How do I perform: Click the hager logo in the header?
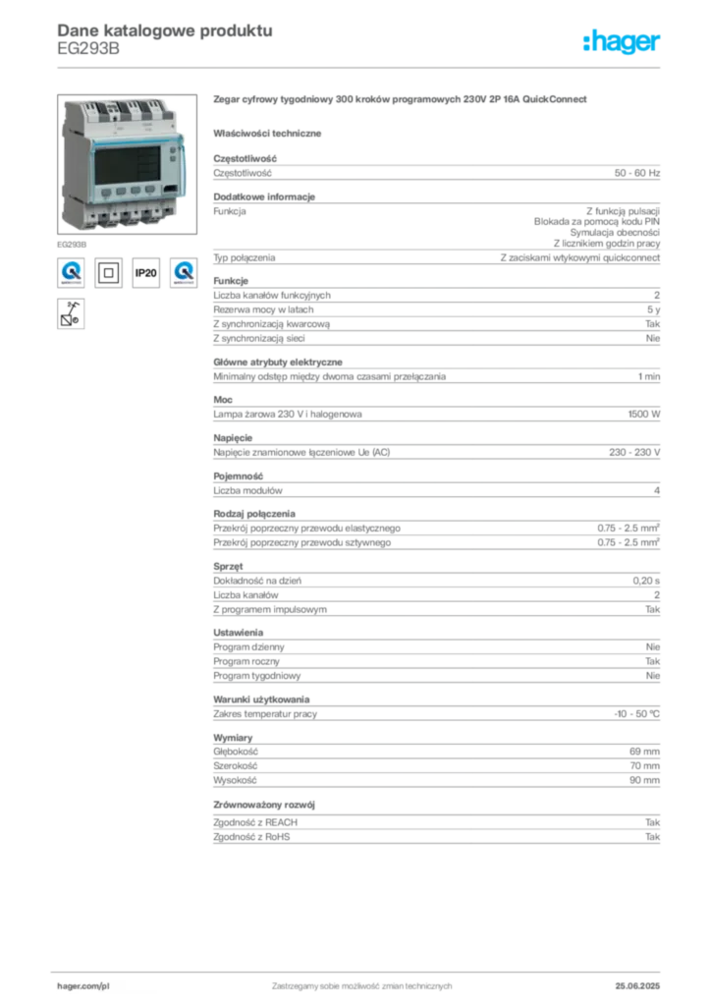click(x=621, y=41)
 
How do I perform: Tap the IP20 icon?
click(x=146, y=273)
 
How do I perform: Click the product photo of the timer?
click(x=127, y=164)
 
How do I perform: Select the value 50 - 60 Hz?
click(x=636, y=173)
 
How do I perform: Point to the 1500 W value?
click(x=643, y=415)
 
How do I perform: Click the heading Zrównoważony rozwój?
click(x=264, y=805)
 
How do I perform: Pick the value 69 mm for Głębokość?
click(x=644, y=752)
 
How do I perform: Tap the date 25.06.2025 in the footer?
click(x=637, y=985)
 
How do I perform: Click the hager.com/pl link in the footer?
click(x=83, y=986)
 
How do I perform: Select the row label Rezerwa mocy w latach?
click(x=263, y=309)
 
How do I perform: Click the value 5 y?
click(x=653, y=309)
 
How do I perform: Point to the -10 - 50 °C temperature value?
click(x=636, y=714)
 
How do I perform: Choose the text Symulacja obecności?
click(x=615, y=232)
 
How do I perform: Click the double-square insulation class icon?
click(x=108, y=273)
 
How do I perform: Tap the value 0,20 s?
click(x=646, y=581)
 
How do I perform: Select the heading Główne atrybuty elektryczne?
click(x=278, y=362)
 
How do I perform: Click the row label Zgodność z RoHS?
click(x=251, y=837)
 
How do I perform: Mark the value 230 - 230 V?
click(x=634, y=452)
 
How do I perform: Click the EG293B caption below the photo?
click(x=72, y=245)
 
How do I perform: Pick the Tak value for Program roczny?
click(x=653, y=661)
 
